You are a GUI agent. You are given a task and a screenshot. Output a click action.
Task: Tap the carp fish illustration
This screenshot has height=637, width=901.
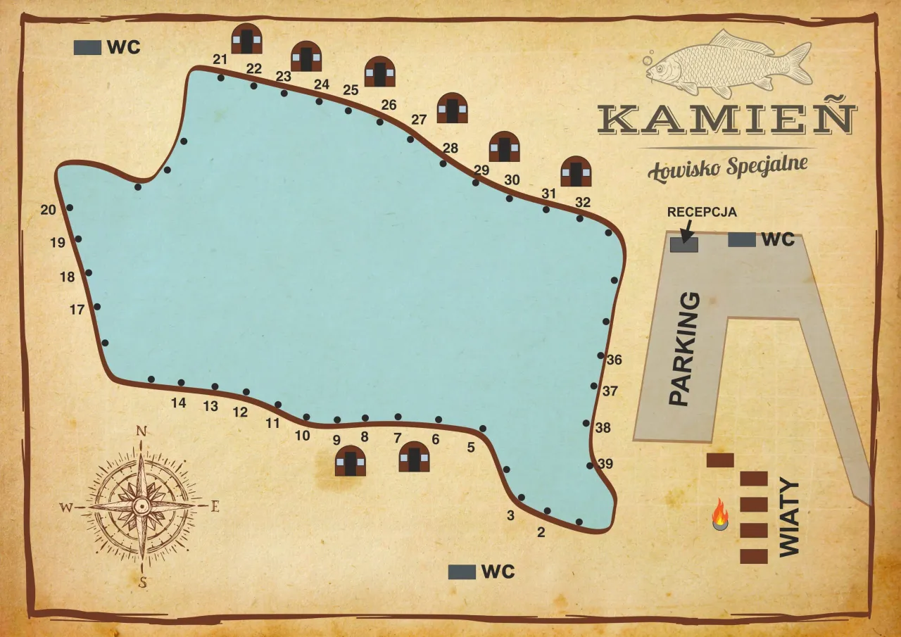(729, 65)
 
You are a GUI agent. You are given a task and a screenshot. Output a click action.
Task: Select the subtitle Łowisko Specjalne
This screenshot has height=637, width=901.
(727, 165)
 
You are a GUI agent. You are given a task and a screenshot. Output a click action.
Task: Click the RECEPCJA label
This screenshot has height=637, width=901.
(702, 211)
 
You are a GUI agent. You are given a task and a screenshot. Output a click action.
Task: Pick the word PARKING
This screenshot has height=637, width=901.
(683, 350)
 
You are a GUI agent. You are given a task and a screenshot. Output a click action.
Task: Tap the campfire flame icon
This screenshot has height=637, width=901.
(719, 515)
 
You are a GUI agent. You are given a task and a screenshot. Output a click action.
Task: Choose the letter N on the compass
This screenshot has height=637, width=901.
(141, 431)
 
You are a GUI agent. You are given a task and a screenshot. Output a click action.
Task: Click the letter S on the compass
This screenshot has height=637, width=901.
(143, 581)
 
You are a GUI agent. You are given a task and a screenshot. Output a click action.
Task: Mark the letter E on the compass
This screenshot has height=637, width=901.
(215, 505)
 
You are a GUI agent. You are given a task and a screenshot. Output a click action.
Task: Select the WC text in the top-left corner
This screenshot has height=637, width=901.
(124, 47)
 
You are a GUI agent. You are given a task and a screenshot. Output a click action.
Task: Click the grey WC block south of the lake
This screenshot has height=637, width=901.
(462, 572)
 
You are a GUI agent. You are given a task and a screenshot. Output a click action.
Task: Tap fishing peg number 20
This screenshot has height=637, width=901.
(48, 210)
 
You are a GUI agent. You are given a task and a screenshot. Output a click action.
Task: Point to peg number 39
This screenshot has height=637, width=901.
(605, 464)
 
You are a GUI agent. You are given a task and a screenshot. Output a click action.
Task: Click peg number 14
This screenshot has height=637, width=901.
(178, 403)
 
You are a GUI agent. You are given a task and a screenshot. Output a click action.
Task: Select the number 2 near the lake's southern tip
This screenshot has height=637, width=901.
(541, 532)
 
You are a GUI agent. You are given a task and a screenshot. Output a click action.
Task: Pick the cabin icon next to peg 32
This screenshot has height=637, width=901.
(576, 171)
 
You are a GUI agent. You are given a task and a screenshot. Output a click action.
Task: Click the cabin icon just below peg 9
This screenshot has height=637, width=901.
(351, 461)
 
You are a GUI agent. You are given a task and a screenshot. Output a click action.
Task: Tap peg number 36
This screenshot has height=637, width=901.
(614, 360)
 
